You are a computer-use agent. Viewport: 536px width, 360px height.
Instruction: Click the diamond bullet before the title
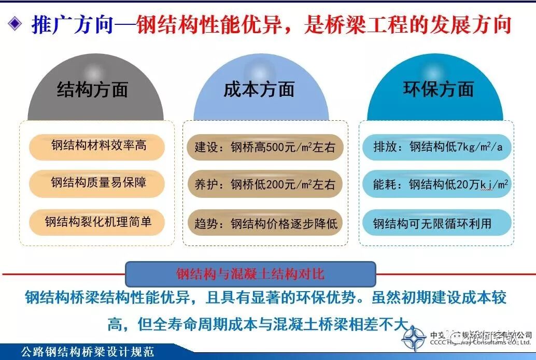point(16,24)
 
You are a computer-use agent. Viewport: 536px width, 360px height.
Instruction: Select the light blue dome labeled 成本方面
point(259,91)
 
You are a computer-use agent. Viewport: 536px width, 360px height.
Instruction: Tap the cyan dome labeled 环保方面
point(438,91)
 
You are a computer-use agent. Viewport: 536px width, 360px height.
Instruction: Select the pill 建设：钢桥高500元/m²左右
point(264,148)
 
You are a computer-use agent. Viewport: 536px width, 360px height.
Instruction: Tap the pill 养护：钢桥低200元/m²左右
point(264,184)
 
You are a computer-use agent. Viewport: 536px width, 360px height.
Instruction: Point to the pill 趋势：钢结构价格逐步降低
point(264,224)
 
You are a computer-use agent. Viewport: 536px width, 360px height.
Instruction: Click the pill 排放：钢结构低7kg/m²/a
point(438,147)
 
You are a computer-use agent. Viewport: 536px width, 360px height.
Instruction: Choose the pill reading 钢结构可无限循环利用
point(433,224)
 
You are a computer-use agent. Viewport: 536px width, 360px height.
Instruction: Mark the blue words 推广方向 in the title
point(72,25)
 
